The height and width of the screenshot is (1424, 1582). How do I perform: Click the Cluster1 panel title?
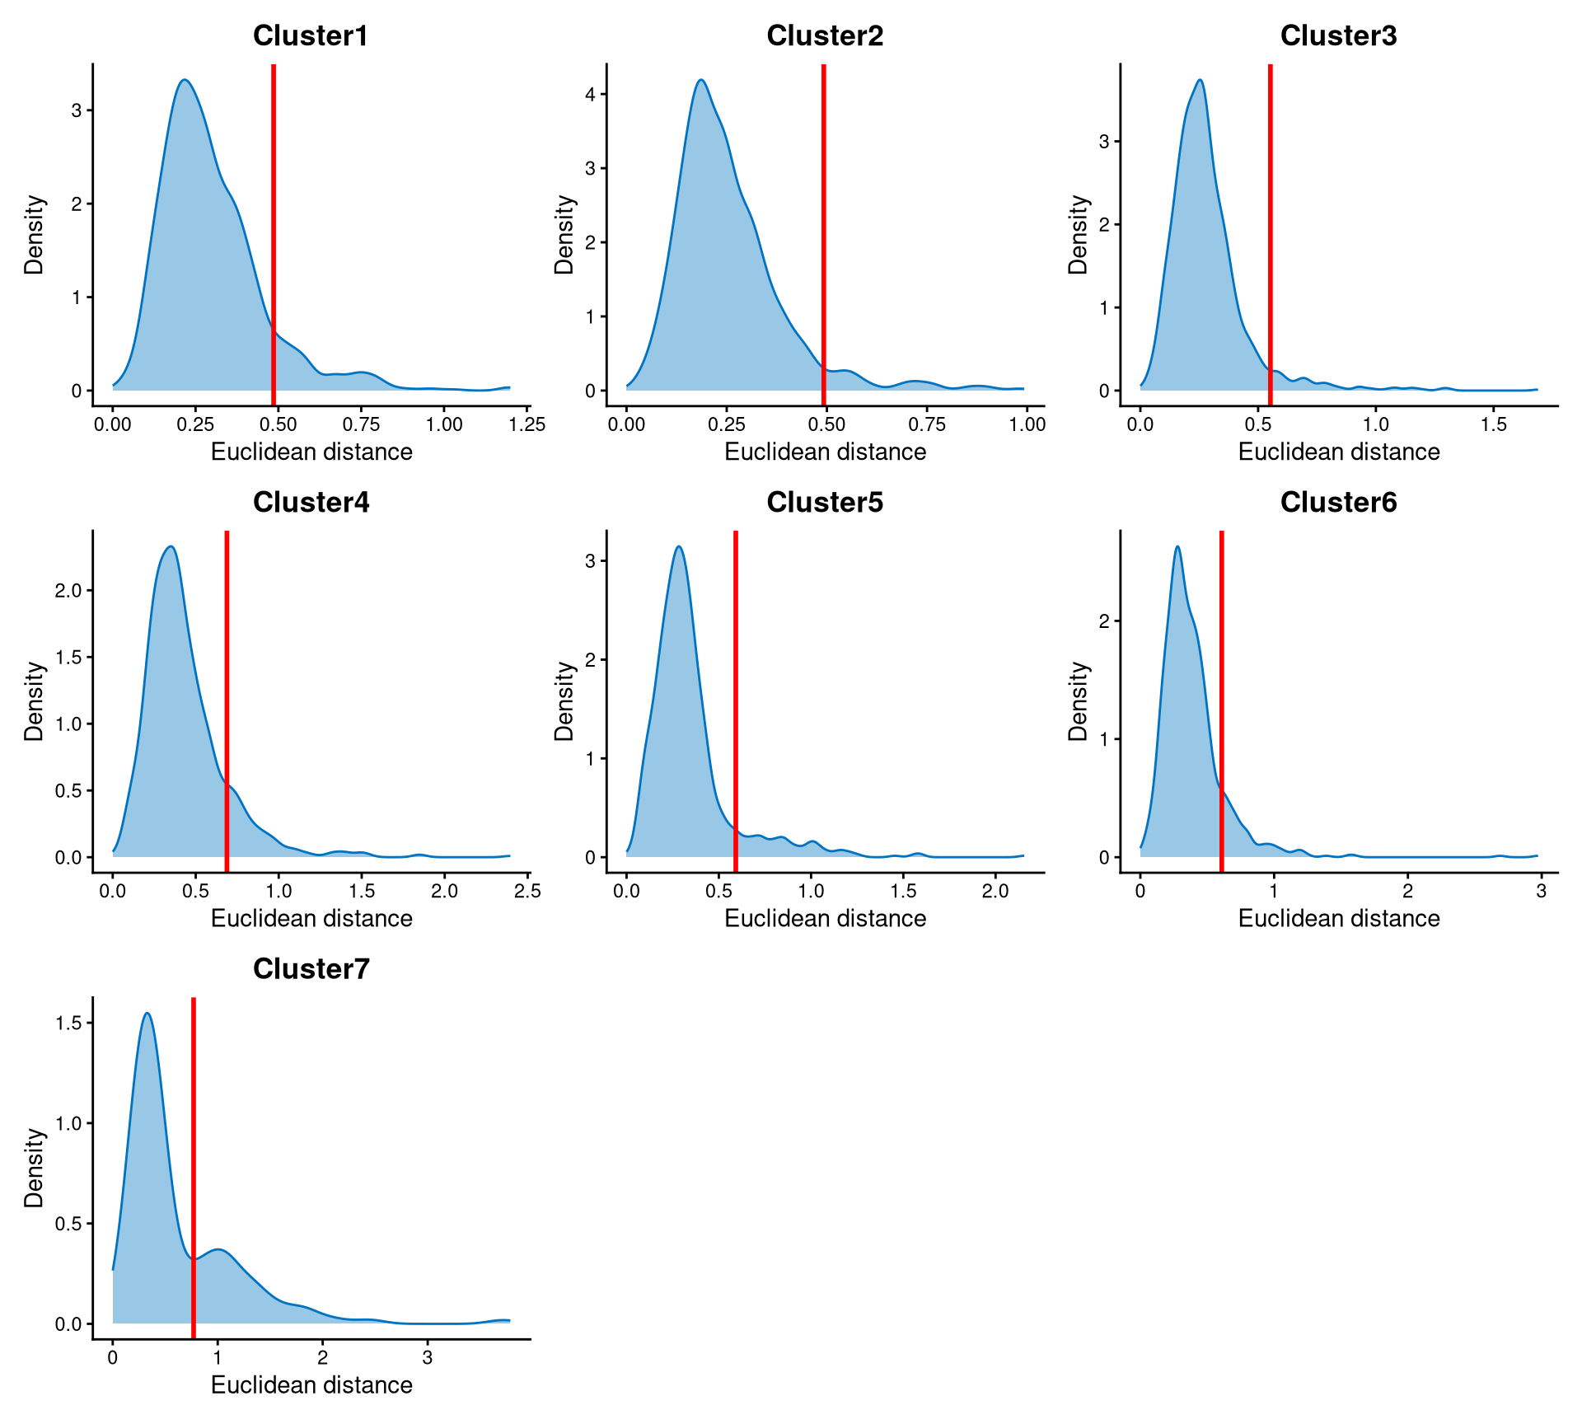click(x=311, y=36)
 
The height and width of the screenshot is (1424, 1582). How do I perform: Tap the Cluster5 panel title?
click(x=825, y=503)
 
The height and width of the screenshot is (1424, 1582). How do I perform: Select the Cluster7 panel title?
click(x=311, y=969)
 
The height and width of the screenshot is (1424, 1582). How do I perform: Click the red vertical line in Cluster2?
click(x=823, y=231)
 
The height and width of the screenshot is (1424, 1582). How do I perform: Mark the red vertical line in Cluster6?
click(x=1221, y=700)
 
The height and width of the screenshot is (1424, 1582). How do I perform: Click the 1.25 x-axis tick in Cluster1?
click(x=527, y=425)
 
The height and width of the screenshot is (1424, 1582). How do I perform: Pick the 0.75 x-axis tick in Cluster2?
click(x=927, y=425)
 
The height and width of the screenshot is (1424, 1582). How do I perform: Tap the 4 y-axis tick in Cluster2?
click(x=590, y=94)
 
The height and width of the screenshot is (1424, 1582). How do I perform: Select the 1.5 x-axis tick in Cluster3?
click(x=1493, y=425)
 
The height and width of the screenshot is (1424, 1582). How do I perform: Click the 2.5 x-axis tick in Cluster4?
click(x=527, y=892)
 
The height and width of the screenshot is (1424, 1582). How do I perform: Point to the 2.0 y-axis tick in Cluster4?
click(x=68, y=591)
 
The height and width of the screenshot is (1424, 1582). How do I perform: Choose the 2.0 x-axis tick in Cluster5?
click(x=995, y=892)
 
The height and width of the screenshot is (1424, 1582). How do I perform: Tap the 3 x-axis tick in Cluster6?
click(x=1541, y=892)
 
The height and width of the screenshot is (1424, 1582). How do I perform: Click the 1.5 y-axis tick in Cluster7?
click(x=68, y=1023)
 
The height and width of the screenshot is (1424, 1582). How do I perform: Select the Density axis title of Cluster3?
click(x=1078, y=235)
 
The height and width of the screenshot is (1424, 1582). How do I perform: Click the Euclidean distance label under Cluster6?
click(x=1339, y=919)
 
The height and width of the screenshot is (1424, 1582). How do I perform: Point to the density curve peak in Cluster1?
click(x=185, y=80)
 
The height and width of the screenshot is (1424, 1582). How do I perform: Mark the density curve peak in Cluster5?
click(x=678, y=546)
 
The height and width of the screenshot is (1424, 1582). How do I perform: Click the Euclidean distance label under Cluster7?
click(x=311, y=1385)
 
